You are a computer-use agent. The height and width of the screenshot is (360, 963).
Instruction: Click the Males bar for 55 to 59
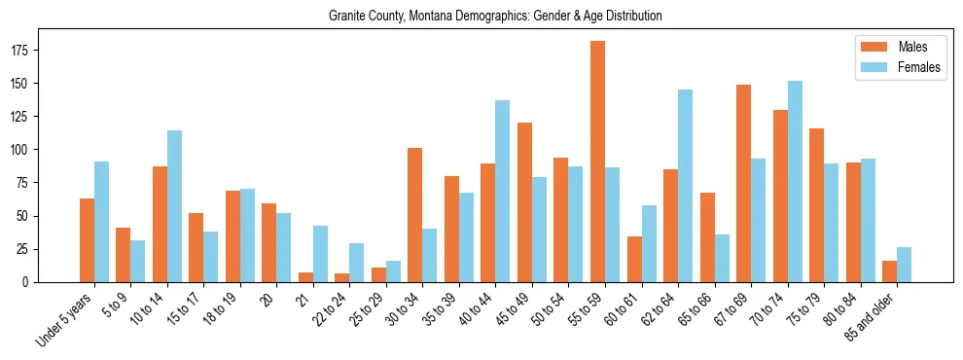[597, 162]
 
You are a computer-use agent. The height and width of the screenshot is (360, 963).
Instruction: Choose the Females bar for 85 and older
[904, 265]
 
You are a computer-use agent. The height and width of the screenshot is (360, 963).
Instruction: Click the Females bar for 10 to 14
[174, 206]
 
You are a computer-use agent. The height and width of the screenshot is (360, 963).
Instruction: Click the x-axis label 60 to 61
[618, 309]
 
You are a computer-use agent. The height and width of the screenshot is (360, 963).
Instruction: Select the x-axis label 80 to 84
[837, 309]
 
